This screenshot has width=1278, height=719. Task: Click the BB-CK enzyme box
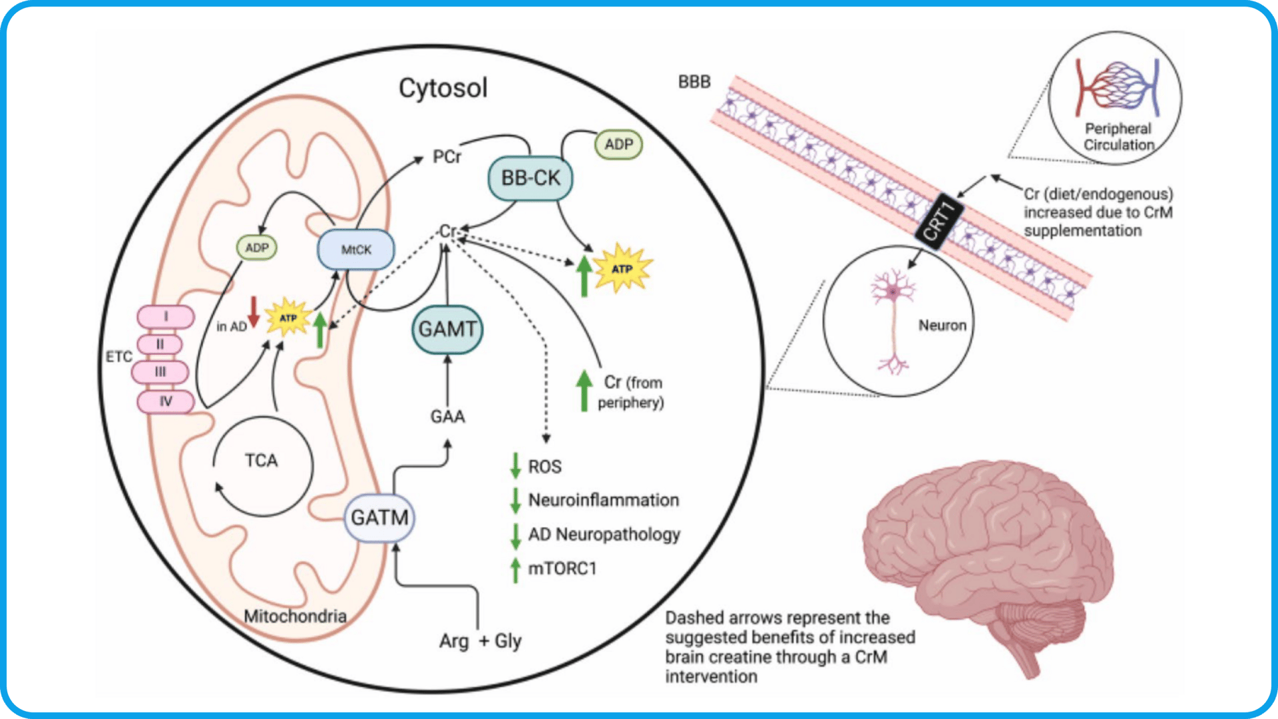click(x=531, y=178)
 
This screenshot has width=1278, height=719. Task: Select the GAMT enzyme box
click(x=447, y=329)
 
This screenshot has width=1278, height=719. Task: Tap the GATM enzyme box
click(x=379, y=517)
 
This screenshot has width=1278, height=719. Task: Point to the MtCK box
click(x=356, y=250)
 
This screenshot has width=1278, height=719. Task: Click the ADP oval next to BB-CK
click(x=618, y=144)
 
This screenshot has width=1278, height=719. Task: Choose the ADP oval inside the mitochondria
click(x=257, y=248)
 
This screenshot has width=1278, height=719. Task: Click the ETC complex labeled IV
click(x=166, y=401)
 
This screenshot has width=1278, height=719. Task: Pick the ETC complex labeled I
click(x=166, y=317)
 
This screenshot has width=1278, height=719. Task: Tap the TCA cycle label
click(x=261, y=461)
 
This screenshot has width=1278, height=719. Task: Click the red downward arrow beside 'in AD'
click(x=254, y=312)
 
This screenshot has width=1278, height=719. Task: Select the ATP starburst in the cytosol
click(x=622, y=268)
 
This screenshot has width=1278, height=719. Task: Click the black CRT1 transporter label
click(x=939, y=222)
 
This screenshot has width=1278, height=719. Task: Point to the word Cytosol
click(x=443, y=88)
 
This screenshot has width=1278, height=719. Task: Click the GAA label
click(x=447, y=417)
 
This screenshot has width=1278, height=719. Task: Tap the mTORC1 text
click(x=562, y=569)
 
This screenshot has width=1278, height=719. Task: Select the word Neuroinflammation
click(x=603, y=500)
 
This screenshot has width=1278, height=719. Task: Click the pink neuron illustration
click(x=893, y=320)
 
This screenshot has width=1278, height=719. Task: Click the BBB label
click(x=694, y=82)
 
